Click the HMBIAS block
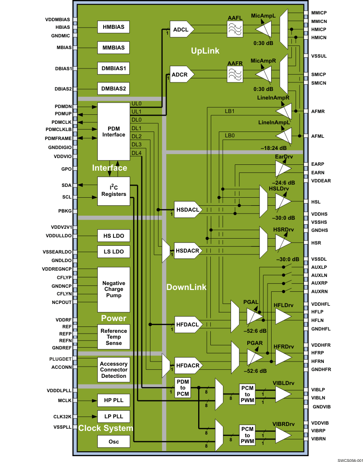113,27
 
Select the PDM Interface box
113,131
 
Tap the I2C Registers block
113,191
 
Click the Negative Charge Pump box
113,289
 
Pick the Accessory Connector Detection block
113,370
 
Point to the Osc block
113,442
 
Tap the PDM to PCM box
183,388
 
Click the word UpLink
205,51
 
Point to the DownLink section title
186,287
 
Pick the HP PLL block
113,400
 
